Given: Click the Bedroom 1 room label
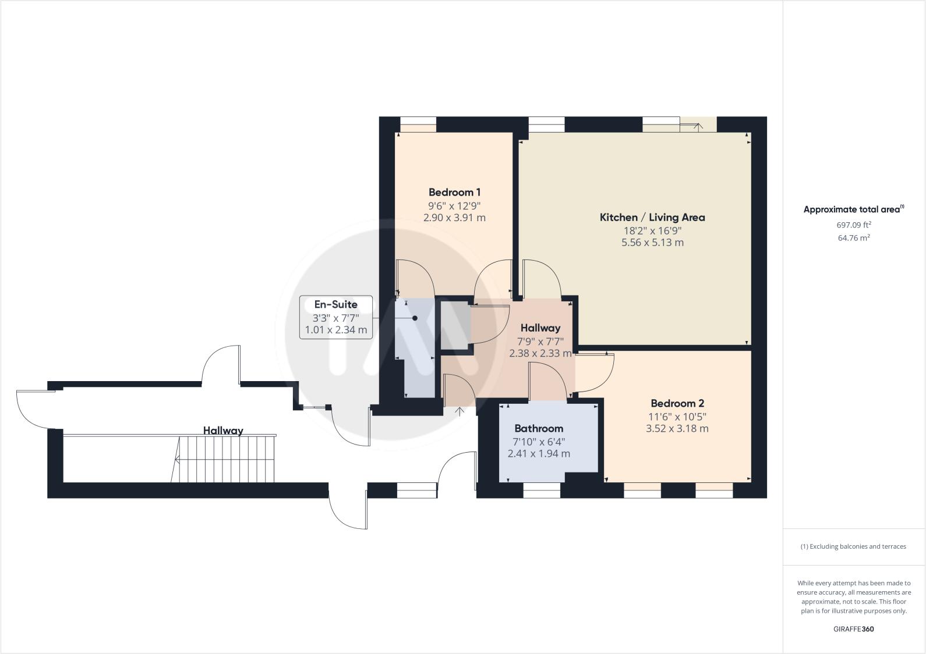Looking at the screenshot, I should (x=454, y=192).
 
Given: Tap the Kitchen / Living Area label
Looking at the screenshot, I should (x=652, y=217).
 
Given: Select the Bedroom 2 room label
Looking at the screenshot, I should (x=677, y=403).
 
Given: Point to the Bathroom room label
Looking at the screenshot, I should (x=539, y=429).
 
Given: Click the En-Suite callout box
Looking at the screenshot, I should (x=336, y=317).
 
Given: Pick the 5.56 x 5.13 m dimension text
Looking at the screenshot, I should (x=652, y=243).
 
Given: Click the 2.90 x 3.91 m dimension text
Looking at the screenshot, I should (x=454, y=218).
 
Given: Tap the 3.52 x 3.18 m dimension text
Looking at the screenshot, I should (x=677, y=429).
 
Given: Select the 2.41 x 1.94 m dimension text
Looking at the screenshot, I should (x=539, y=454).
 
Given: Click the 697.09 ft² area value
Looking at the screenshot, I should (x=854, y=225).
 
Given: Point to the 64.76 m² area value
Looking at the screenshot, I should (x=854, y=237).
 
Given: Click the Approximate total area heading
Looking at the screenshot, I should (x=853, y=209).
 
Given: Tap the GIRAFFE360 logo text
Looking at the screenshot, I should (x=853, y=629).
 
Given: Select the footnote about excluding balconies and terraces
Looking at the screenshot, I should (x=853, y=546).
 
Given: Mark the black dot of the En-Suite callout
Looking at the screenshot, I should (x=415, y=318).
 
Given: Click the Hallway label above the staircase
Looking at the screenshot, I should (x=223, y=431).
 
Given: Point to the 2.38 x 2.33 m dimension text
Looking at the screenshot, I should (x=540, y=353).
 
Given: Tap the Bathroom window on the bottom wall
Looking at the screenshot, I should (x=542, y=493).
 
